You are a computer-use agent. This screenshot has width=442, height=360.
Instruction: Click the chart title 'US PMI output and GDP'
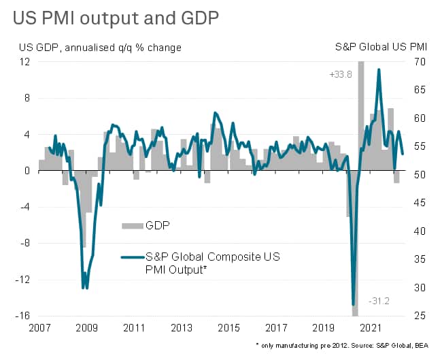(x=116, y=18)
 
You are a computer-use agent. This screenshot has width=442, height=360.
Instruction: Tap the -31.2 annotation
(x=378, y=300)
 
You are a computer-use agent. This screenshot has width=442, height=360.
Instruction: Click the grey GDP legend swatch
(x=131, y=226)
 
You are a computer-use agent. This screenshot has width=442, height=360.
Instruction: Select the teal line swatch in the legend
(x=131, y=257)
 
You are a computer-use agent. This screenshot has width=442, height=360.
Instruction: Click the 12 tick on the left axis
(x=25, y=61)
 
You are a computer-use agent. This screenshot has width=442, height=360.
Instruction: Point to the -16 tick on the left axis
(x=23, y=316)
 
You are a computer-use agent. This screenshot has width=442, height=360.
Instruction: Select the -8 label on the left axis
(x=25, y=243)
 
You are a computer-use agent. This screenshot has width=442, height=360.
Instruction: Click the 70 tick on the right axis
(x=419, y=61)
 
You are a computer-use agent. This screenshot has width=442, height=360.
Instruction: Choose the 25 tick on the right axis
(x=419, y=316)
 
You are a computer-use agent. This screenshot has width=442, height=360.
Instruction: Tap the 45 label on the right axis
(x=419, y=203)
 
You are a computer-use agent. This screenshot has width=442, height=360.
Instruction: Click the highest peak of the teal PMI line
(x=378, y=69)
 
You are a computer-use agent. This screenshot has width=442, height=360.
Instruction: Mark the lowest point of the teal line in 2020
(x=354, y=304)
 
